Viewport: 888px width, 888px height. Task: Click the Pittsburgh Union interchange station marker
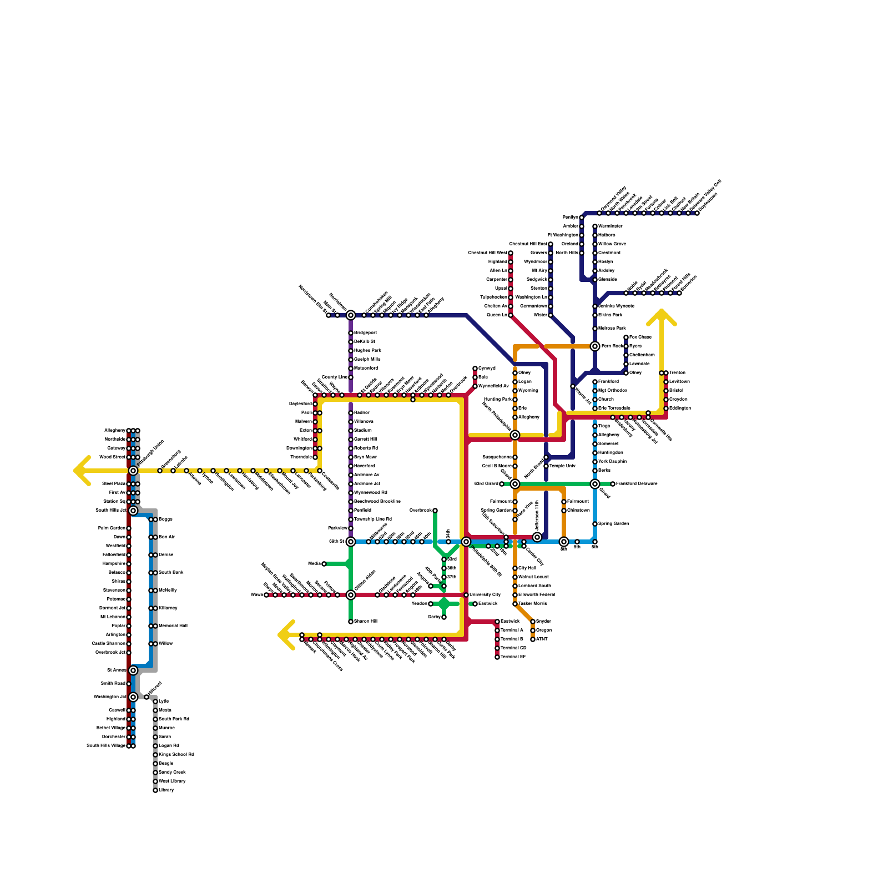tap(133, 471)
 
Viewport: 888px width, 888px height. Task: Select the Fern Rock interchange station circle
tap(595, 346)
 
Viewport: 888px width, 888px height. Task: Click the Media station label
tap(314, 564)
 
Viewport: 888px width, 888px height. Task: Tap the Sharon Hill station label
tap(366, 622)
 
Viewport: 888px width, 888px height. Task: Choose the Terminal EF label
tap(513, 657)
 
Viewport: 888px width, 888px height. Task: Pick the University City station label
tap(485, 595)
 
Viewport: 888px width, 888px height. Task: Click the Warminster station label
tap(610, 226)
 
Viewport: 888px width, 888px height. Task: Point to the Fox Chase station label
tap(640, 337)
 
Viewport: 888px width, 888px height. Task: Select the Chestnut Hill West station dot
tap(511, 253)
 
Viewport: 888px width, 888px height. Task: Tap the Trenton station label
tap(677, 373)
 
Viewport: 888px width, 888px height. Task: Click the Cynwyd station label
tap(487, 369)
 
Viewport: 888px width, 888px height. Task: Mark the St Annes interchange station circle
tap(133, 670)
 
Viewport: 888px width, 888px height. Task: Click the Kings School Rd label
tap(176, 755)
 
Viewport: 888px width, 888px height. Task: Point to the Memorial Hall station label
tap(173, 626)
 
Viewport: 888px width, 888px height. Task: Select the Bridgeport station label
tap(365, 333)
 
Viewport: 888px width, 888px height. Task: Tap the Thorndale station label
tap(301, 457)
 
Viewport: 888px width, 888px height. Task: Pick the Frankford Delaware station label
tap(637, 484)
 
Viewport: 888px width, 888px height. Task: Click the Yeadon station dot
tap(431, 604)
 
